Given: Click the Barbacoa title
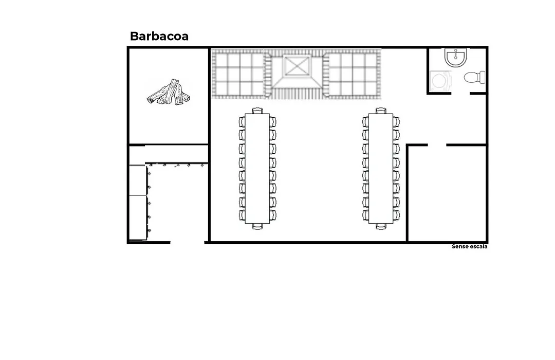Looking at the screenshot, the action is (159, 36).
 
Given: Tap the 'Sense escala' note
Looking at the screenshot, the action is (469, 246).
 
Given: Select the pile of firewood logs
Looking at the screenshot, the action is (169, 92).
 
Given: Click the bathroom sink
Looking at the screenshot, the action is (456, 58).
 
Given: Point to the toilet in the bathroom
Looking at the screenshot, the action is (475, 77).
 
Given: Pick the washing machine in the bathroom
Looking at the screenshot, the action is (441, 81).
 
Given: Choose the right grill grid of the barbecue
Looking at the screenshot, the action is (353, 75).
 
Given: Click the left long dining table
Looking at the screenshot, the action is (257, 168).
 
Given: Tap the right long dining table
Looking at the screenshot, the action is (381, 168).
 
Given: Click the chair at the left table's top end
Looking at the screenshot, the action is (257, 111).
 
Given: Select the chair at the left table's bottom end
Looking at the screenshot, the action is (257, 226).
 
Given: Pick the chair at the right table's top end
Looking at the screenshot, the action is (381, 111).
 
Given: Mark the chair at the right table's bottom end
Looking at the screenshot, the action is (381, 226).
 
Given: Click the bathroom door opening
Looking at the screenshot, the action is (460, 94).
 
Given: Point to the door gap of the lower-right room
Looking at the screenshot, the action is (437, 145).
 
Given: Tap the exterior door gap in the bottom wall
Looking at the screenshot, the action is (187, 242).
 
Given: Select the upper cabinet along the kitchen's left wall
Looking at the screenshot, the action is (138, 180).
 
